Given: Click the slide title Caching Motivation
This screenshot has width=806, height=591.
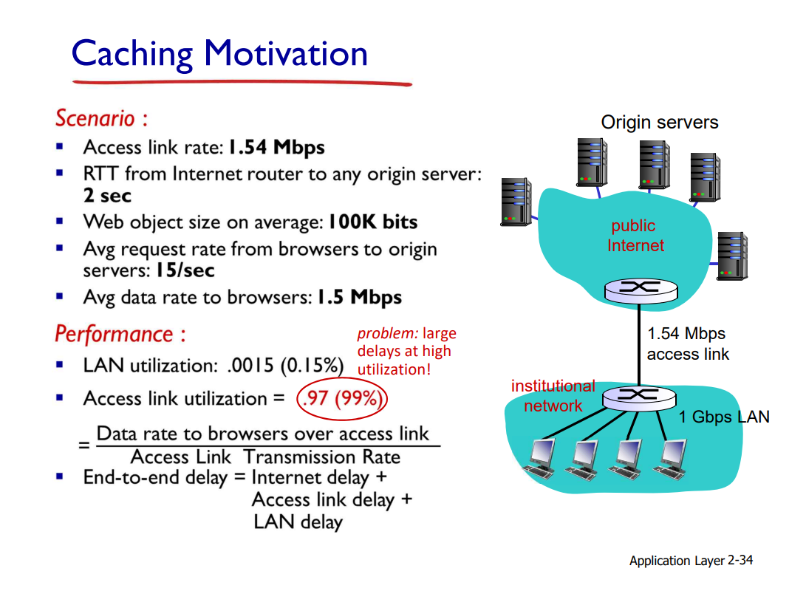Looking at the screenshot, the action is [x=219, y=54].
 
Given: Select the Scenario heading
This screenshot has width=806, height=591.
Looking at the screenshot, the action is [x=102, y=118].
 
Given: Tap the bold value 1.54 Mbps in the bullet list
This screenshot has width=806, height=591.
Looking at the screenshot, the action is [x=276, y=148].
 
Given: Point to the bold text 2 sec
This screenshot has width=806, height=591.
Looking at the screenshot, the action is [x=107, y=195].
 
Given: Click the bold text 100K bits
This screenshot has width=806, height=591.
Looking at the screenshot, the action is [x=372, y=222].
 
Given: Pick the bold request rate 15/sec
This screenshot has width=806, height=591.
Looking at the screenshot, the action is [x=185, y=270].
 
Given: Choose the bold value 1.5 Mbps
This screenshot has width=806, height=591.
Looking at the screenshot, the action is [x=359, y=297].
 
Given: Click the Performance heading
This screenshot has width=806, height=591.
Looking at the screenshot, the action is [x=120, y=334].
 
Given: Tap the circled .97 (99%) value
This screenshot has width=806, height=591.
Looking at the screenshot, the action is [x=342, y=398].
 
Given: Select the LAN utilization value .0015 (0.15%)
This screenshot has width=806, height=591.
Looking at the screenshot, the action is [x=285, y=366].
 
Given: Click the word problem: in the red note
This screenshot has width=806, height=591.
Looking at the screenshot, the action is [x=388, y=333].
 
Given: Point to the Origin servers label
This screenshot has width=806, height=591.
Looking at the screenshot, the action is [x=660, y=123].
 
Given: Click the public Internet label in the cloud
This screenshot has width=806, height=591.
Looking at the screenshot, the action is [x=635, y=236].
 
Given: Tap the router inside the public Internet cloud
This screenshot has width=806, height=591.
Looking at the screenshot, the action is [x=641, y=291].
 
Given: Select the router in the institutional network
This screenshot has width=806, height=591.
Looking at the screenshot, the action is [x=639, y=397].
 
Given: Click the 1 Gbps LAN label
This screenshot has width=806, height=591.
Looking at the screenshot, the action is [x=724, y=417].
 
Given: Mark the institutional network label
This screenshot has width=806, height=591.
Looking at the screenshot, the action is [x=553, y=396].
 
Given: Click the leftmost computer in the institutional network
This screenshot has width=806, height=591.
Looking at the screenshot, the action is [x=540, y=459].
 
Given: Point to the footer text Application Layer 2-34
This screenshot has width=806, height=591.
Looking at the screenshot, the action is [x=691, y=560].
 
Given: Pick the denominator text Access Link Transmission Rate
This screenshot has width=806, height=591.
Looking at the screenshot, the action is [x=265, y=457].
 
